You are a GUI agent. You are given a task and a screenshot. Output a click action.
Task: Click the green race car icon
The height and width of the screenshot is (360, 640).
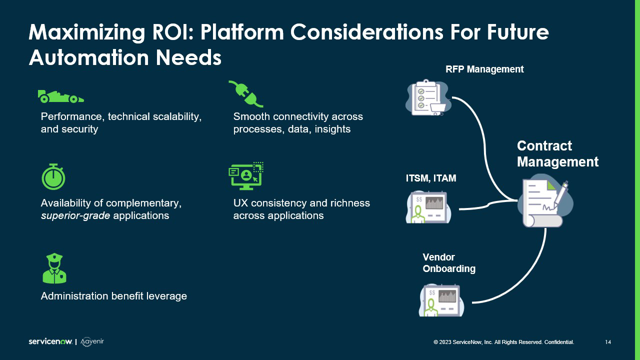(60, 96)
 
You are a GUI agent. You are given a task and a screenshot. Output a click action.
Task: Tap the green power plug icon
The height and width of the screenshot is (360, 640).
(245, 93)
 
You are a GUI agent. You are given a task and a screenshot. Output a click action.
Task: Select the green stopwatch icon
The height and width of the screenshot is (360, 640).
(53, 176)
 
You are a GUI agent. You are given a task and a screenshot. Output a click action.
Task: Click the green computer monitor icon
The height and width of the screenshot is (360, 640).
(246, 175)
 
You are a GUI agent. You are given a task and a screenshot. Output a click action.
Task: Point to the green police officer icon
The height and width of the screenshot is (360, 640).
(54, 268)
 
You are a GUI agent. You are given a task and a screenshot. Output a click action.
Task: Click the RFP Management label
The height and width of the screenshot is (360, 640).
(484, 69)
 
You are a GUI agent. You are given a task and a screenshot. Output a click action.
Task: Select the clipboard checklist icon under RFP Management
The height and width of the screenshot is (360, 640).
(427, 98)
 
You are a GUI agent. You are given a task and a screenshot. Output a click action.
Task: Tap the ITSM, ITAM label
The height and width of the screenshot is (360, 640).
(431, 178)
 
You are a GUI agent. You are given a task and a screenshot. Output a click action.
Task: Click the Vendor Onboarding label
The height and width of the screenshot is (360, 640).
(448, 263)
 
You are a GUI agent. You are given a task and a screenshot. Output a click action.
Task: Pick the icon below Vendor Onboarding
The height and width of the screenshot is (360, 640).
(441, 300)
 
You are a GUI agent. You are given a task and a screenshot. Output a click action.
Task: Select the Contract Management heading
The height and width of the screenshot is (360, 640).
(557, 154)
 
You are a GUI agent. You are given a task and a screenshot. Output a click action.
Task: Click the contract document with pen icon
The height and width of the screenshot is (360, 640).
(544, 201)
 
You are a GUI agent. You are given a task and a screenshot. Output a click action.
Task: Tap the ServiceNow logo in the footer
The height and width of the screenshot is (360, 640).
(50, 342)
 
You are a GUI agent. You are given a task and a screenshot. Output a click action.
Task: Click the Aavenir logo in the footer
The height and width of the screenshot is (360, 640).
(92, 341)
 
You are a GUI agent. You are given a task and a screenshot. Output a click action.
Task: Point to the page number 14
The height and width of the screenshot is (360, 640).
(608, 342)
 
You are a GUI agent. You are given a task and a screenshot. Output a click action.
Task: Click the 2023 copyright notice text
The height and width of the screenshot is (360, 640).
(503, 342)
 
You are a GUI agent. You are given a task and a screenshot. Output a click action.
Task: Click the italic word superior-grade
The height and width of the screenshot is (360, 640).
(75, 216)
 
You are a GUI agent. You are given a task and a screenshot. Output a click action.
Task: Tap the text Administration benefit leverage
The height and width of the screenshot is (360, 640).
(113, 296)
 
